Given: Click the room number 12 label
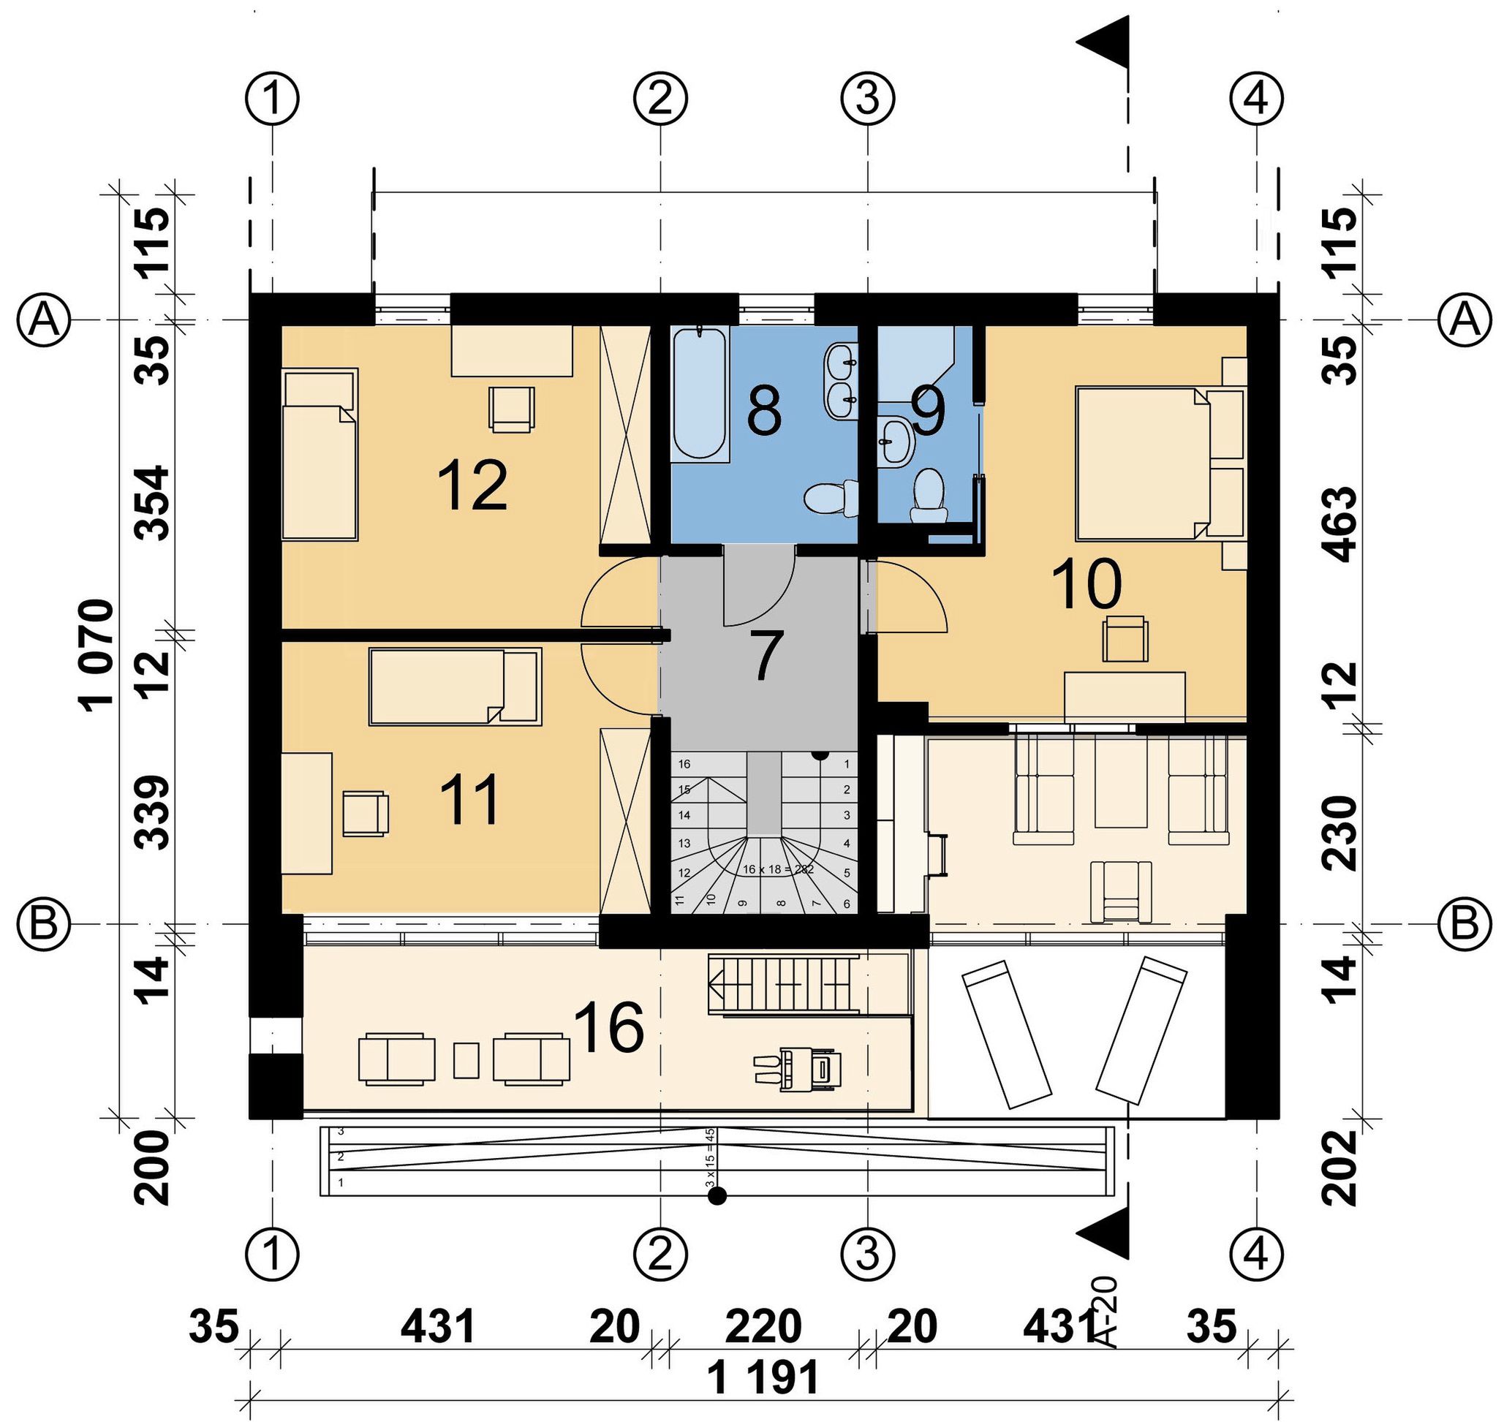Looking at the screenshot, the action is (472, 487).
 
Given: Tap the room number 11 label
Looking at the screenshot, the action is (470, 800).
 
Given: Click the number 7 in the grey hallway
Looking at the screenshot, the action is (766, 656).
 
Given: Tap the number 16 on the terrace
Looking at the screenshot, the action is (609, 1027).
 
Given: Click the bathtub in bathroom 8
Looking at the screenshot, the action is (700, 393).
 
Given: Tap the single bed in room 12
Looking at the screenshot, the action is (320, 454).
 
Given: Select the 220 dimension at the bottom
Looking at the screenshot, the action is (763, 1325).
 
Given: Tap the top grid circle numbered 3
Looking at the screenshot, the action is (868, 99).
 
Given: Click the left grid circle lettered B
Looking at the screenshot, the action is (44, 924).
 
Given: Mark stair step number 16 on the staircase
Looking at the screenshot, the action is (684, 764).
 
